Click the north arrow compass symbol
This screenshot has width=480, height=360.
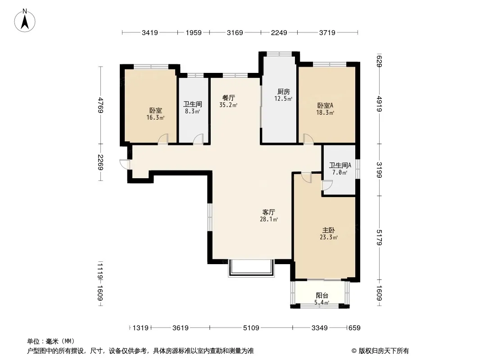(25, 21)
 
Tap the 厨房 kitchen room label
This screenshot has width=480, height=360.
(284, 91)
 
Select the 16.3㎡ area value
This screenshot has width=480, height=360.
(155, 117)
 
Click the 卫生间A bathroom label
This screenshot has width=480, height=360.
(340, 166)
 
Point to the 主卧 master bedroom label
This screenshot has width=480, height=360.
(328, 230)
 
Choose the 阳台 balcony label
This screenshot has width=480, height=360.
(322, 296)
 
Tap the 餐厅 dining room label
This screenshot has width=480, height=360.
(228, 98)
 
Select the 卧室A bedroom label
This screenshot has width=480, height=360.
(325, 105)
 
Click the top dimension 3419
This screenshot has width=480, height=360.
(149, 32)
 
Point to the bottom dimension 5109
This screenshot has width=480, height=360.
(251, 328)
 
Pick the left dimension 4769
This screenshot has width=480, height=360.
(100, 105)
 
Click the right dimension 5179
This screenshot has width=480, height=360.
(379, 237)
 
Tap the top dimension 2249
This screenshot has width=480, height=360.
(279, 32)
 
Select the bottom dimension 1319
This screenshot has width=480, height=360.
(140, 328)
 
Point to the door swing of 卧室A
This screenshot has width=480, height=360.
(308, 139)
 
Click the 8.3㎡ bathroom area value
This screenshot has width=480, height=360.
(192, 111)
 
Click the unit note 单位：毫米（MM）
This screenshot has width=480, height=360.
(51, 342)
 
